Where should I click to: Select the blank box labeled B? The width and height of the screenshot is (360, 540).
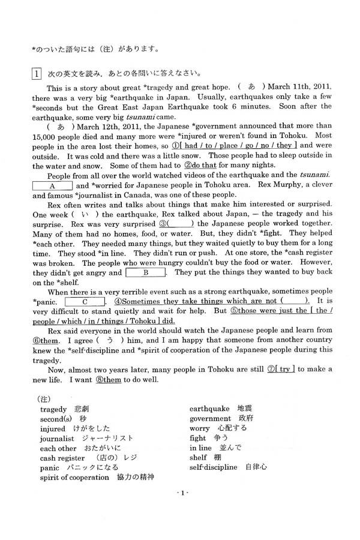(x=145, y=272)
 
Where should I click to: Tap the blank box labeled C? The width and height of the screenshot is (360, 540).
(x=85, y=302)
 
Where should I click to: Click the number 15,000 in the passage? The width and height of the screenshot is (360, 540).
(x=47, y=136)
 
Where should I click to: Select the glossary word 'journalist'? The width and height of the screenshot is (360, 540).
(x=57, y=439)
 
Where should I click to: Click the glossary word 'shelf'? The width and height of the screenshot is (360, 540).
(x=199, y=457)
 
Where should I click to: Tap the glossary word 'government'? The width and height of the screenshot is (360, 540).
(x=211, y=419)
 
